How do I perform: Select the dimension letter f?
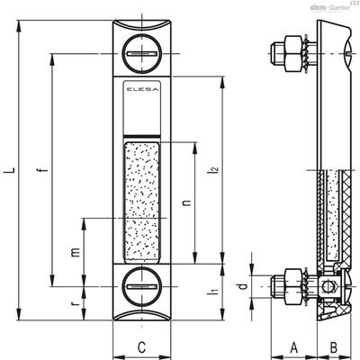pos(44,170)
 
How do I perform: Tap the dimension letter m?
pos(76,252)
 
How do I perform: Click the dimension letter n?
pos(186,202)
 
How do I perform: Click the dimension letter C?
pos(141,347)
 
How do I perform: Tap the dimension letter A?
pos(294,347)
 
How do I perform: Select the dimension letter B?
pos(334,347)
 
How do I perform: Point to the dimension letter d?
pos(244,286)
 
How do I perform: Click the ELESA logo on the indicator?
pos(141,89)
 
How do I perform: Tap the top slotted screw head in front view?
pos(141,54)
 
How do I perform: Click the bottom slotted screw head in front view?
pos(141,286)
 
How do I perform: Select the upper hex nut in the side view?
pos(293,54)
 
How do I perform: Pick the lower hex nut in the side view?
pos(293,286)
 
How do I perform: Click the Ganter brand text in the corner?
pos(339,8)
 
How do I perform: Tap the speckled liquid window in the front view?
pos(141,201)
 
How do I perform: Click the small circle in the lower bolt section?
pos(328,286)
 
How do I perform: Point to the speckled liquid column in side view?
pos(332,214)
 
